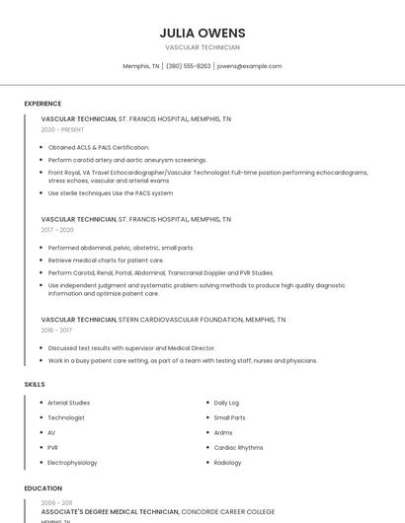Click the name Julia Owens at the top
(202, 33)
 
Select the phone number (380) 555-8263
(188, 66)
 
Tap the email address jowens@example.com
(249, 66)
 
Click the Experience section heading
(42, 104)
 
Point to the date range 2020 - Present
(61, 129)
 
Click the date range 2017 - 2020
(57, 230)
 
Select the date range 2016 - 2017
(56, 331)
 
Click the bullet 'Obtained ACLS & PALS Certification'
(99, 147)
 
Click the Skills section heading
(35, 384)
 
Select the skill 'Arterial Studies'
(69, 403)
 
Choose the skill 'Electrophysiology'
(73, 462)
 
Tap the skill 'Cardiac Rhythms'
(238, 447)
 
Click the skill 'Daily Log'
(227, 403)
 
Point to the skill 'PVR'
(53, 447)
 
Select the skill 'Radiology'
(228, 462)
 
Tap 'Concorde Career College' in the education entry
(228, 512)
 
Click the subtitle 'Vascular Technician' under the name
(202, 47)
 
